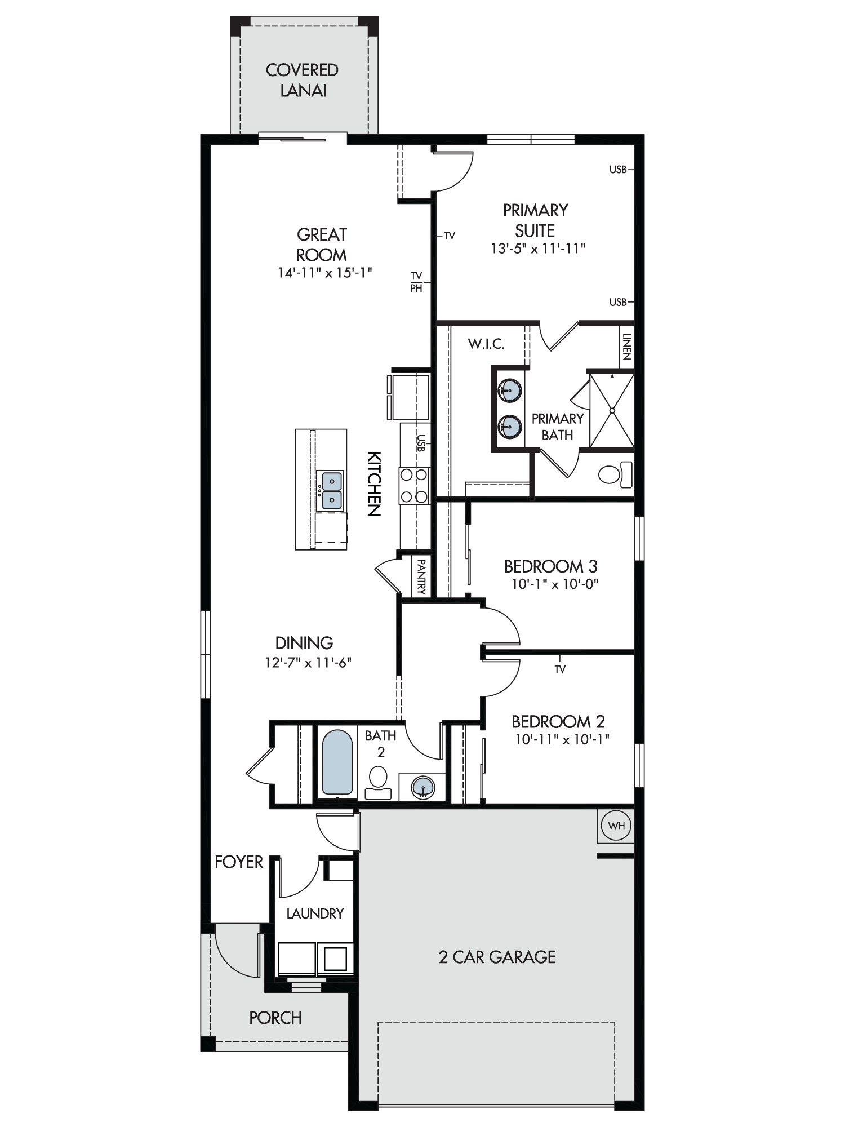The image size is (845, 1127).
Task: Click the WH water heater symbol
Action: pos(616,826)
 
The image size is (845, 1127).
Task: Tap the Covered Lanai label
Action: pos(303,80)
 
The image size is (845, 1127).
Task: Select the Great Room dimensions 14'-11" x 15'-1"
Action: pos(324,273)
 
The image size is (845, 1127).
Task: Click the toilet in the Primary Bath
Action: pos(615,474)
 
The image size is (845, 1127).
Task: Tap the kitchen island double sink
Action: pos(332,491)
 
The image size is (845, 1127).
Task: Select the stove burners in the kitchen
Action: pos(414,485)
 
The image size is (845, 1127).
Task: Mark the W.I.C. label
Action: pos(486,344)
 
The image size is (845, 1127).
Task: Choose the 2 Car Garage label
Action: pos(497,957)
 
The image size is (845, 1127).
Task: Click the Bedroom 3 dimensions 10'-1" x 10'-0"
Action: pos(554,584)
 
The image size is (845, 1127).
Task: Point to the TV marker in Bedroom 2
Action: pos(560,669)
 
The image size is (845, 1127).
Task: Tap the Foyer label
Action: pos(239,862)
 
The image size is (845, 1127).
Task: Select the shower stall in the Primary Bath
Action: pos(611,410)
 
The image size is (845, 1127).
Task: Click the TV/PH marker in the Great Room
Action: pos(416,282)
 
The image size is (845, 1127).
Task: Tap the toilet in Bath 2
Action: pos(378,784)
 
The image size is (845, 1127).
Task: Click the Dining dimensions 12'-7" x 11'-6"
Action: pos(308,662)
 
